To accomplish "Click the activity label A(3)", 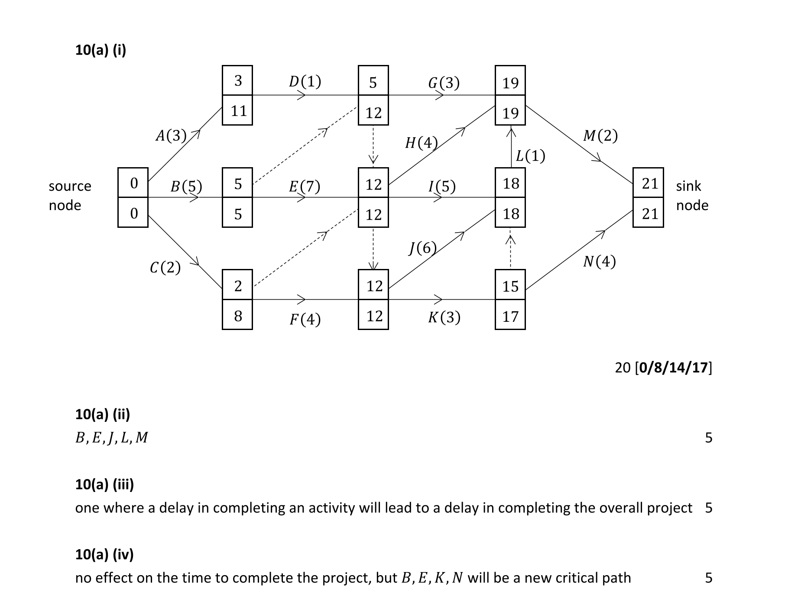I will tap(171, 136).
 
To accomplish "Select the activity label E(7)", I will tap(304, 187).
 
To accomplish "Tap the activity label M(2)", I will tap(600, 136).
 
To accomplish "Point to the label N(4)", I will tap(599, 262).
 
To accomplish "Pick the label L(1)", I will tap(530, 156).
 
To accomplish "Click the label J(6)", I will tap(422, 248).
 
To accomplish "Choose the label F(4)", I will tap(305, 320).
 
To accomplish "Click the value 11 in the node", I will tap(238, 111).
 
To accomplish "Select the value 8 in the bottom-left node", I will tap(238, 316).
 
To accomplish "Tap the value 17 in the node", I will tap(510, 317).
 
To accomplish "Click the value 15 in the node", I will tap(510, 286).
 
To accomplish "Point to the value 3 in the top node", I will tap(238, 81).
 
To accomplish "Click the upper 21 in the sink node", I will tap(650, 184).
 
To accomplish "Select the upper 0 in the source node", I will tap(134, 183).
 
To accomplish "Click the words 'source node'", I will tap(69, 195).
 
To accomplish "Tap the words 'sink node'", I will tap(692, 195).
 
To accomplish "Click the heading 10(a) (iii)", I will tap(104, 484).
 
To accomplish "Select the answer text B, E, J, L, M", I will tap(111, 438).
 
